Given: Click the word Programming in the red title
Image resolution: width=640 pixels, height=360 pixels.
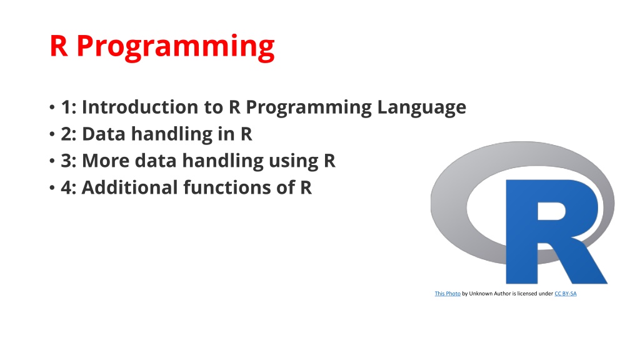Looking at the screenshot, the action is tap(176, 47).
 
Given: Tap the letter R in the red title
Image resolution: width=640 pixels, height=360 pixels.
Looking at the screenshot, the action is tap(59, 46).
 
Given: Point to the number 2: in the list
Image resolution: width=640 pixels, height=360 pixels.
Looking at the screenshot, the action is tap(69, 134).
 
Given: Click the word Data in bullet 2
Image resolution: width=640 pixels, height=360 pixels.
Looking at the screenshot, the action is tap(104, 134).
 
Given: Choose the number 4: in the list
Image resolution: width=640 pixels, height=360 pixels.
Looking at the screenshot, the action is tap(69, 187).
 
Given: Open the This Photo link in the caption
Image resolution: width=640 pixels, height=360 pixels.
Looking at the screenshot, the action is tap(447, 294).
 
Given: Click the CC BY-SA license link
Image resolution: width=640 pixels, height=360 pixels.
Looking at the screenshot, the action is tap(565, 294).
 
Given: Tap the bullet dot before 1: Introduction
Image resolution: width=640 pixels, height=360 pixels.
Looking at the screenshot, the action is tap(52, 107).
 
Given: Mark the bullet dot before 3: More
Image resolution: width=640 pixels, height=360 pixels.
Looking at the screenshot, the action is tap(52, 161).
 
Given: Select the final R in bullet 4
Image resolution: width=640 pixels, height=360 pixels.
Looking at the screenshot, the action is tap(306, 187).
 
